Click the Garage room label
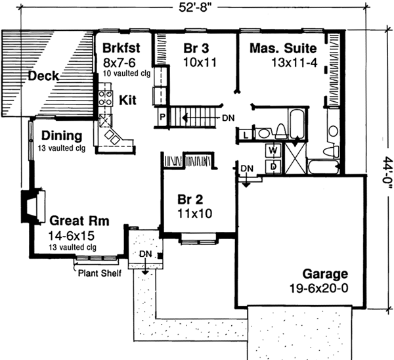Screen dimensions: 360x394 point(326,273)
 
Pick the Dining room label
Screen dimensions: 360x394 point(61,136)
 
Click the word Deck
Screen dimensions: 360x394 point(43,77)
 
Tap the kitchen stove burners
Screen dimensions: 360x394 point(104,98)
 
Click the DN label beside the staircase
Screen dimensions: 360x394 point(228,118)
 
